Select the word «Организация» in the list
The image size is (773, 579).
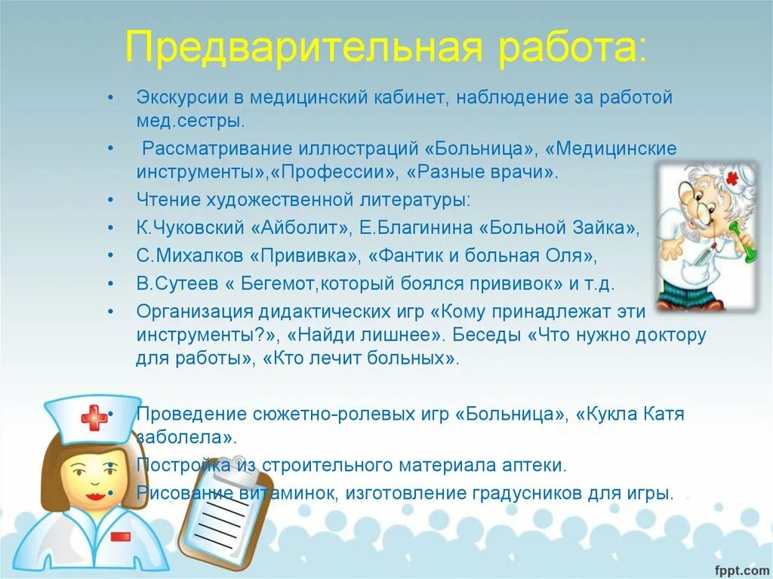(190, 311)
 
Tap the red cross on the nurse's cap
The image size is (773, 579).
(94, 417)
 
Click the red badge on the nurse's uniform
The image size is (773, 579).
(120, 536)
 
